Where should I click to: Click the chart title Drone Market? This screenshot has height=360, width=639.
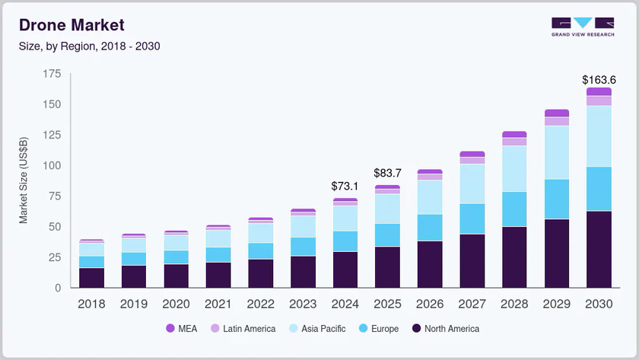coord(72,27)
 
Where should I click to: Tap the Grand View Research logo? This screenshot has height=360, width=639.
coord(583,27)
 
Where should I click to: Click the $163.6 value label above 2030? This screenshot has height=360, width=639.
coord(599,80)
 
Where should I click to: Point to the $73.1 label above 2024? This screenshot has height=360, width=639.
coord(345,186)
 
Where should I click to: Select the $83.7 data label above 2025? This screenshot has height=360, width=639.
coord(387,174)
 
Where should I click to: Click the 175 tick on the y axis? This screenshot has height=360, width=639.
coord(51,74)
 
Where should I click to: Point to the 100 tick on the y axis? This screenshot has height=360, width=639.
coord(51,165)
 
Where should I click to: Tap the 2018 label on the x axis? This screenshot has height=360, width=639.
coord(91,304)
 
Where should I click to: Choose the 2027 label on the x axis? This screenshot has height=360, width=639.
coord(472,304)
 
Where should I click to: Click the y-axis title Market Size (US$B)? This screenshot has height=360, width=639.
coord(24,180)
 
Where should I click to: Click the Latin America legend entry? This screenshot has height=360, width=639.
coord(243,329)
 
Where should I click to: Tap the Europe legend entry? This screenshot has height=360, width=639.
coord(379,329)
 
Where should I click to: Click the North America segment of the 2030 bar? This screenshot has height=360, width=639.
coord(599,249)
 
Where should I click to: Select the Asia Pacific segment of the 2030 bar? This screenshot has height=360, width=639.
coord(599,136)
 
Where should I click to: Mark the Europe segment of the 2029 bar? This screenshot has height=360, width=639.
coord(556,199)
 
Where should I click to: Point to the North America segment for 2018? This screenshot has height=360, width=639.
coord(91,278)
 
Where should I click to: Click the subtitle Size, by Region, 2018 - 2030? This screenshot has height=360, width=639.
coord(89,46)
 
